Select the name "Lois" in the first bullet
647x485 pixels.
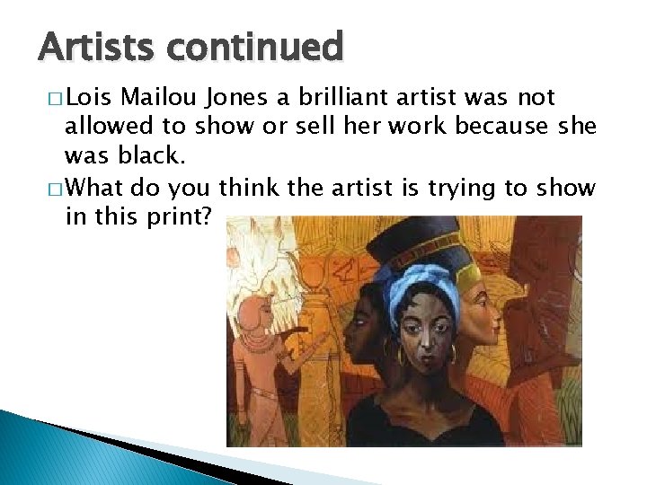pyautogui.click(x=89, y=97)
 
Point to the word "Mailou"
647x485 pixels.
pyautogui.click(x=156, y=97)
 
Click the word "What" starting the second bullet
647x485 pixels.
pyautogui.click(x=96, y=189)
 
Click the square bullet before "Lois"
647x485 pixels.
pyautogui.click(x=56, y=98)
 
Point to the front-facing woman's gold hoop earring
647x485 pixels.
pyautogui.click(x=401, y=355)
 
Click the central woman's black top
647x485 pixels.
pyautogui.click(x=422, y=422)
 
